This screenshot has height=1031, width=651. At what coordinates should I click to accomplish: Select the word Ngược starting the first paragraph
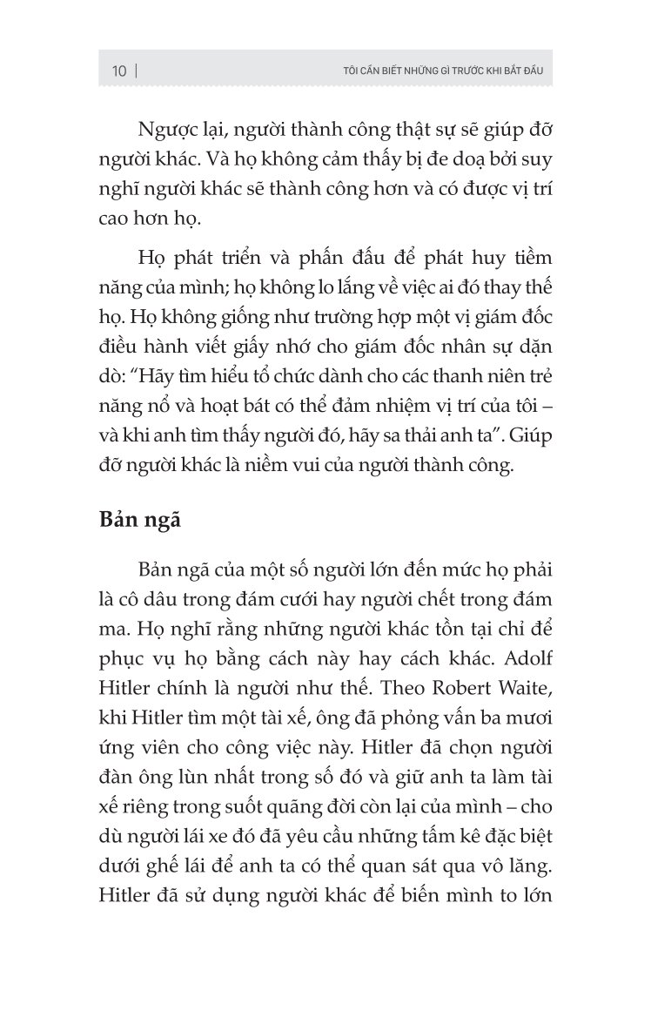167,131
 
